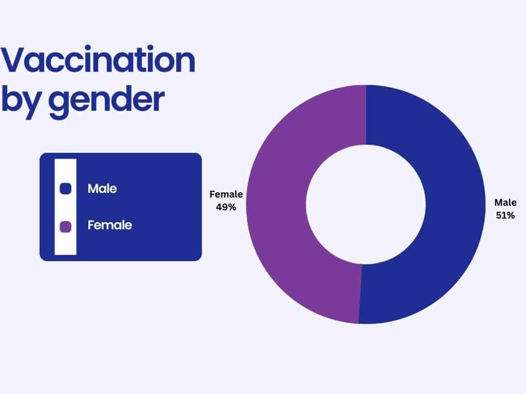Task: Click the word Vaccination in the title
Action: point(98,59)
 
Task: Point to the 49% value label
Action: point(226,207)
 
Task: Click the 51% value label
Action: point(505,215)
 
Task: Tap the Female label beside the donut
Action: point(226,194)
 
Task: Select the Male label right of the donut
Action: point(505,202)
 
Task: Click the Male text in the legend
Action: point(102,189)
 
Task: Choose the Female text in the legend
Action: point(109,225)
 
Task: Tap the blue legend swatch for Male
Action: point(65,189)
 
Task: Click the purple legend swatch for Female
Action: point(65,227)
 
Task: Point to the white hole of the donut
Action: point(366,204)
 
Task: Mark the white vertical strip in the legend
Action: point(65,207)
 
